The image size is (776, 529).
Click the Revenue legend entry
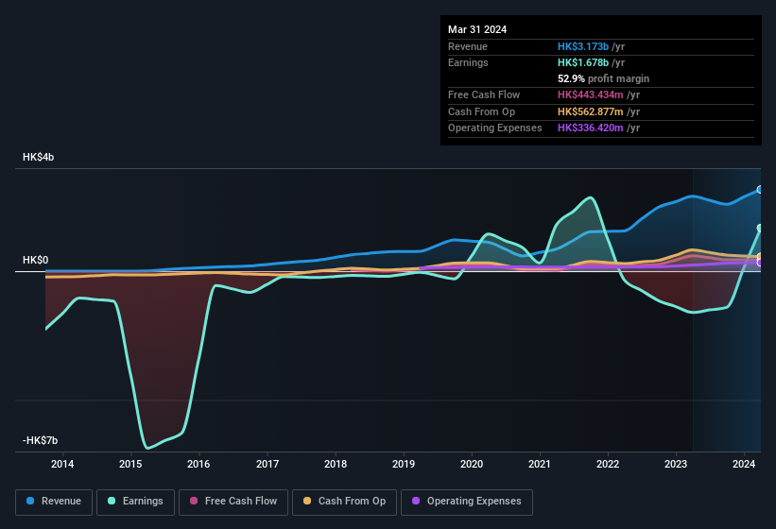[54, 502]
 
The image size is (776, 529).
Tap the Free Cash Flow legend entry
[233, 502]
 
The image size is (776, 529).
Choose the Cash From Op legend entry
[344, 502]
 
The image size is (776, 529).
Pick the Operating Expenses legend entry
[466, 502]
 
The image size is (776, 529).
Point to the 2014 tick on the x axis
[62, 464]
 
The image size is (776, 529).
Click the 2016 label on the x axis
[198, 464]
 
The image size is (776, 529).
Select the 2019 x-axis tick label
[404, 464]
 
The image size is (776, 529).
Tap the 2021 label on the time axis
[540, 464]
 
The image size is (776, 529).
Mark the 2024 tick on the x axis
[744, 464]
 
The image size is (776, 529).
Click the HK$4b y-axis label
[39, 157]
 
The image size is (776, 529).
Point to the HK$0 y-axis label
[36, 260]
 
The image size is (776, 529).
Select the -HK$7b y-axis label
[41, 441]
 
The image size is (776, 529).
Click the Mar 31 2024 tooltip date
[477, 29]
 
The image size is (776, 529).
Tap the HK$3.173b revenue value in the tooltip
[583, 46]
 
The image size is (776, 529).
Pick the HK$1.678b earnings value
[583, 62]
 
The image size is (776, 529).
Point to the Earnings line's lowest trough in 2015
[147, 447]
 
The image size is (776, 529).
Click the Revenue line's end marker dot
[760, 190]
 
